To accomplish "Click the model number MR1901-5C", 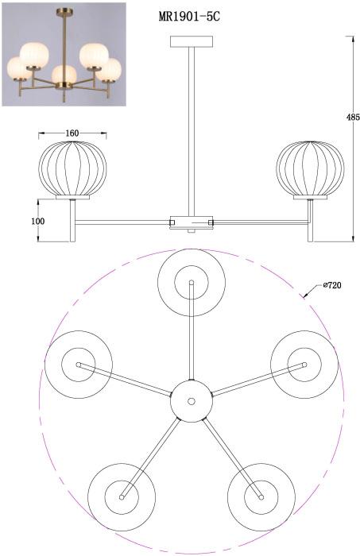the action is pos(189,17).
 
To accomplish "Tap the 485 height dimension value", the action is pos(354,117).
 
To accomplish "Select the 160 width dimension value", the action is pos(72,133).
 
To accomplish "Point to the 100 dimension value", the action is pos(38,221).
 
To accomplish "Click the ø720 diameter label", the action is pos(332,285).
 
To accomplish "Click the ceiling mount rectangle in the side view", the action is pos(192,41).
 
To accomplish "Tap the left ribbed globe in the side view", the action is pos(72,168).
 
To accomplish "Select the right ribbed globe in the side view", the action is pos(311,168).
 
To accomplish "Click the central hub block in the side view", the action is pos(192,222).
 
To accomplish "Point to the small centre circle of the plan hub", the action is pos(192,401).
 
